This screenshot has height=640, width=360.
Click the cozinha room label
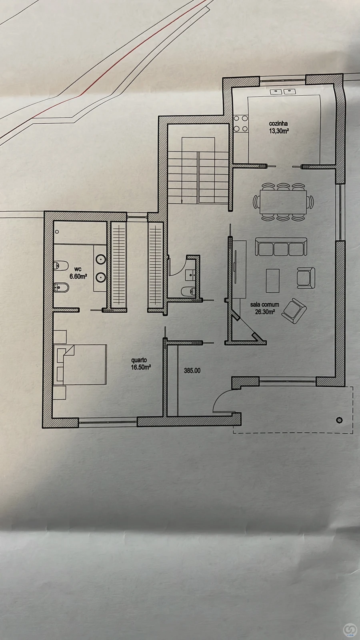coord(278,124)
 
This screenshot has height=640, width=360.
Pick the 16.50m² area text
coord(140,368)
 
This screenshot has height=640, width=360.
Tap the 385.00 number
coord(192,371)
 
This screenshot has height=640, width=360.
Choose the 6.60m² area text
coord(78,276)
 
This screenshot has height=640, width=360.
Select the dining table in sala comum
coord(283,202)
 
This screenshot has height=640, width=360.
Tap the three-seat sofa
coord(281,247)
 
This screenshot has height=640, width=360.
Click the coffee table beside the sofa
coord(272,280)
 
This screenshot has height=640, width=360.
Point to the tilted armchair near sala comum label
coord(294,311)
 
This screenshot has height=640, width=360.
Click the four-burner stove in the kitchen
coord(240,124)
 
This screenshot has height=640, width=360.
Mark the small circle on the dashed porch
coord(339,420)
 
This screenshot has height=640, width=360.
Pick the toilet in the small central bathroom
coord(189,291)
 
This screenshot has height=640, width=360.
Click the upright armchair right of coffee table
coord(306,278)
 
